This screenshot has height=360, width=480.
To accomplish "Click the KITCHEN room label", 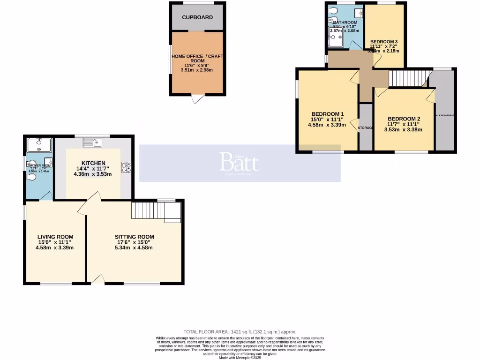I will coord(93,163).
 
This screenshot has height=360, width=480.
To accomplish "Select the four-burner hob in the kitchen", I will coord(126,167).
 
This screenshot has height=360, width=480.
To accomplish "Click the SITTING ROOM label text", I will coord(135,237).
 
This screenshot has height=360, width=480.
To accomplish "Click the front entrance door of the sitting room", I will coord(98,280).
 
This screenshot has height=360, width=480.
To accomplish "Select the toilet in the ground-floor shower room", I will coord(31,177).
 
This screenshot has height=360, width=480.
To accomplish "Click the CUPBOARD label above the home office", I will coord(197,17).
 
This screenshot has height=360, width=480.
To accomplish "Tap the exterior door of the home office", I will coord(198,98).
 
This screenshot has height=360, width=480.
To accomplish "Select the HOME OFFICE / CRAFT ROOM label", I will coord(197,56).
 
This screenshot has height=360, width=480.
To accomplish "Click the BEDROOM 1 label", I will coord(328,114).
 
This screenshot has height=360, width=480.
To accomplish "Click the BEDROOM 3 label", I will coord(383,42).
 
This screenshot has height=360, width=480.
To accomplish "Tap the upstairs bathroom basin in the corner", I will coord(358,13).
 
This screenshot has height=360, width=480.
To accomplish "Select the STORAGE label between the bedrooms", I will coord(366,127).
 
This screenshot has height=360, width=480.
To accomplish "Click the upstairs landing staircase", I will coord(409,79).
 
